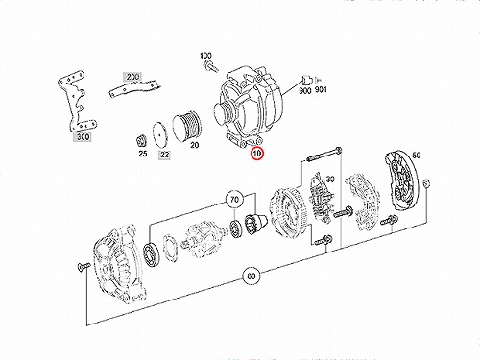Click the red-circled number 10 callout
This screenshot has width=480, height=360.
(x=257, y=154)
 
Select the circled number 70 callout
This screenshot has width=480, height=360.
(x=234, y=200)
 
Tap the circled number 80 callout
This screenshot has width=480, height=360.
(x=252, y=276)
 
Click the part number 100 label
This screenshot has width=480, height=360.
(x=205, y=56)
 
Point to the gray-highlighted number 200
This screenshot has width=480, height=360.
(x=132, y=77)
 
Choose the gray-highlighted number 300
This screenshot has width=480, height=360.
(x=83, y=137)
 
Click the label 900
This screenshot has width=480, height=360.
(x=305, y=91)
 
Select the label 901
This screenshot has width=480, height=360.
(x=321, y=90)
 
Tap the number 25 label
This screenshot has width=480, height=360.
(x=143, y=154)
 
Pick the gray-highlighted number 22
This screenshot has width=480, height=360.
(x=164, y=155)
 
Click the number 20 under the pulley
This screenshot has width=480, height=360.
(x=194, y=145)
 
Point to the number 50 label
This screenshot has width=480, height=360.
(x=417, y=156)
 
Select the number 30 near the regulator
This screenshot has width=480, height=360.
(x=330, y=179)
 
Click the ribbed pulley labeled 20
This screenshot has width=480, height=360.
(x=186, y=127)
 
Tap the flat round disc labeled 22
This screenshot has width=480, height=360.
(x=160, y=134)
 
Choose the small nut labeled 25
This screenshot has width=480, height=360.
(x=141, y=140)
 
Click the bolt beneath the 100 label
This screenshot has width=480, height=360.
(x=210, y=66)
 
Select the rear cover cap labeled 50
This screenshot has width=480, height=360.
(x=401, y=180)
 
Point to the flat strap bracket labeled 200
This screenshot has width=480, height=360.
(x=134, y=88)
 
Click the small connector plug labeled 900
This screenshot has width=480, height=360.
(x=306, y=80)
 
